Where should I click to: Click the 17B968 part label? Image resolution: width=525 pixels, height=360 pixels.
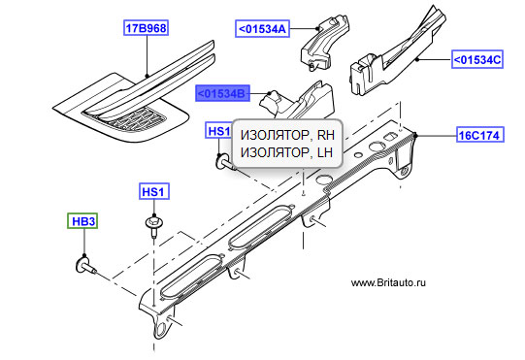146,28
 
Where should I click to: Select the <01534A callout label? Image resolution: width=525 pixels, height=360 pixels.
262,29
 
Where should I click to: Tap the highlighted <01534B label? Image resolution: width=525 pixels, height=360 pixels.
222,93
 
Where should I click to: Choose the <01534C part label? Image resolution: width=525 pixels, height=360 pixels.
477,60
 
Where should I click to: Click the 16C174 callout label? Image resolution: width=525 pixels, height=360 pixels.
480,135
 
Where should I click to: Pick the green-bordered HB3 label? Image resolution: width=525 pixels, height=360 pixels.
83,221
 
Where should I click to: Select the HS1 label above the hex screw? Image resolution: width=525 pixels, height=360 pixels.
153,191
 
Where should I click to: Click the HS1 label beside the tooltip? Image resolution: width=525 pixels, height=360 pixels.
218,130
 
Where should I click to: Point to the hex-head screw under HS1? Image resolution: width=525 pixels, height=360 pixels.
154,225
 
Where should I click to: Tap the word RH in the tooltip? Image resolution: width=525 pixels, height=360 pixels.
325,135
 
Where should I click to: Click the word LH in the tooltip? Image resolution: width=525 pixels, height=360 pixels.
324,152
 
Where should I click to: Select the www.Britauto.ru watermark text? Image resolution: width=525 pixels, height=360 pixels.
388,282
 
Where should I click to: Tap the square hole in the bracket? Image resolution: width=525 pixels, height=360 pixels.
390,136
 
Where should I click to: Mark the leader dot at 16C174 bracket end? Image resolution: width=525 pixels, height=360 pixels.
415,135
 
